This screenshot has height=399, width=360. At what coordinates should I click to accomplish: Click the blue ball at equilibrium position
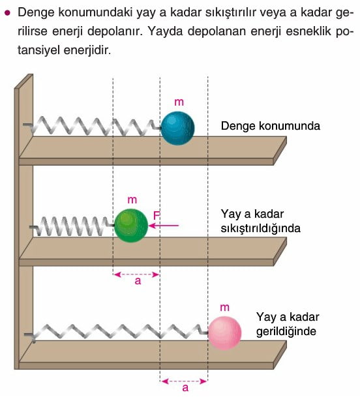(x=177, y=128)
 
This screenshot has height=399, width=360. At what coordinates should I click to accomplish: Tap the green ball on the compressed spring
(x=131, y=226)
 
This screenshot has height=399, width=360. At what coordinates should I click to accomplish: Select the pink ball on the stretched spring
(x=224, y=333)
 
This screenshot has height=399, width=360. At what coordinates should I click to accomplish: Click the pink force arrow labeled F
(x=164, y=226)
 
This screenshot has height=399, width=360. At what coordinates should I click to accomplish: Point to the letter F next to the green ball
(x=157, y=216)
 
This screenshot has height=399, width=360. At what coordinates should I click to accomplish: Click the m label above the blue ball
(x=179, y=102)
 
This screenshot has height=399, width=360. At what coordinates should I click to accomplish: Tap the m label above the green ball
(x=132, y=200)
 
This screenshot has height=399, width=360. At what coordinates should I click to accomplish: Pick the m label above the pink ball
(x=224, y=308)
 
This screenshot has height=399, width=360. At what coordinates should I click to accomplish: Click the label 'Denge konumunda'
(x=271, y=126)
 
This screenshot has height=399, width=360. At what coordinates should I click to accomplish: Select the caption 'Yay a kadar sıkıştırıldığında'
(x=260, y=221)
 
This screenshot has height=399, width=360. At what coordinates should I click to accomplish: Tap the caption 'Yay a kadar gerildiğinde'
(x=288, y=324)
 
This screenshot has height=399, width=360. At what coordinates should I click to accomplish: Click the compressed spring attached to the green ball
(x=72, y=226)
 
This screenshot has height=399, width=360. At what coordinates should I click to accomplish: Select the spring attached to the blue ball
(x=92, y=126)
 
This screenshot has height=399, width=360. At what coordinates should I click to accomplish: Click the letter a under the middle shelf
(x=138, y=281)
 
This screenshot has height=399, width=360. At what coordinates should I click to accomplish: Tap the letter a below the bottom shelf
(x=185, y=387)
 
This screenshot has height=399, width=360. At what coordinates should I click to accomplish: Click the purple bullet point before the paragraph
(x=8, y=13)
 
